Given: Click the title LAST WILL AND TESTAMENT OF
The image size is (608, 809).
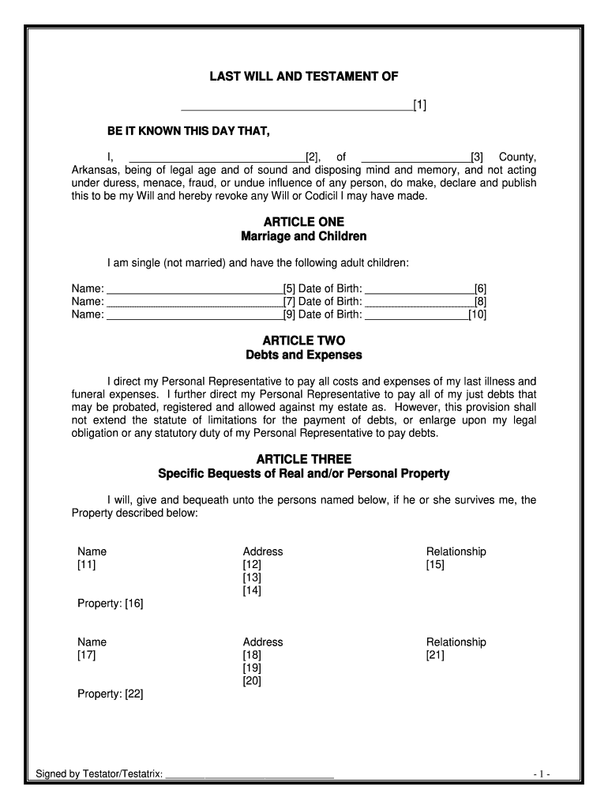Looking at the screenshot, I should [304, 77].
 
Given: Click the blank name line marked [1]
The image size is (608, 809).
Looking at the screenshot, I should [298, 105].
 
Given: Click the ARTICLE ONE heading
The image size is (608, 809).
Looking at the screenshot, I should [304, 222].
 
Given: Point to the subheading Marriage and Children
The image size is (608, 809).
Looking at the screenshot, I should [304, 237].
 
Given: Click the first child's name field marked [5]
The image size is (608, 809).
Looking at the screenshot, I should [194, 289].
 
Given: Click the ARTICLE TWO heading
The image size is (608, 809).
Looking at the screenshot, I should [304, 341].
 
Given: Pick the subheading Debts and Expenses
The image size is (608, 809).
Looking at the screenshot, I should [304, 356].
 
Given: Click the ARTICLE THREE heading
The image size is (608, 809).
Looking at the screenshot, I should [304, 459].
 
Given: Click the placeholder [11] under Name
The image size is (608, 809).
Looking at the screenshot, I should [86, 565].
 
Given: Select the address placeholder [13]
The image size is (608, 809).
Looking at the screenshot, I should [252, 578].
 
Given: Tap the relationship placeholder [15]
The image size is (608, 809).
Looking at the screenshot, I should [435, 565].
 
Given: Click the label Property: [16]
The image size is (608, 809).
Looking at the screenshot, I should [110, 604].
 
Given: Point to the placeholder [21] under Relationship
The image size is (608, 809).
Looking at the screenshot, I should [435, 656].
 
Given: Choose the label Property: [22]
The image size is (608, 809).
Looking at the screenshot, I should [110, 695].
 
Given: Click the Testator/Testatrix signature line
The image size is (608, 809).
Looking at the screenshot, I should [250, 775].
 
